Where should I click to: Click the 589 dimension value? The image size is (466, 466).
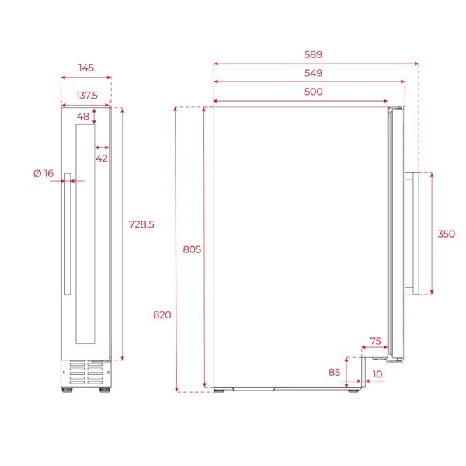click(313, 54)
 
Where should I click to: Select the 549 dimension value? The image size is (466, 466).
click(313, 73)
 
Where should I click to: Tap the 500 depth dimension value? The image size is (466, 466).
click(313, 92)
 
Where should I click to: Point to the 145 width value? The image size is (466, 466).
click(86, 68)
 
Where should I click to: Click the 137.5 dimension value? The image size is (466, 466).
click(87, 96)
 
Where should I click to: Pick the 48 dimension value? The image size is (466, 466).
click(83, 116)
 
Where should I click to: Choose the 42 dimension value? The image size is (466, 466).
click(102, 158)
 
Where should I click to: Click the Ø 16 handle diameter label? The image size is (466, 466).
click(43, 173)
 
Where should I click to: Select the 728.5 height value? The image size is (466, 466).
click(141, 224)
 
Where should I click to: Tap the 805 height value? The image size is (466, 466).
click(192, 249)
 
